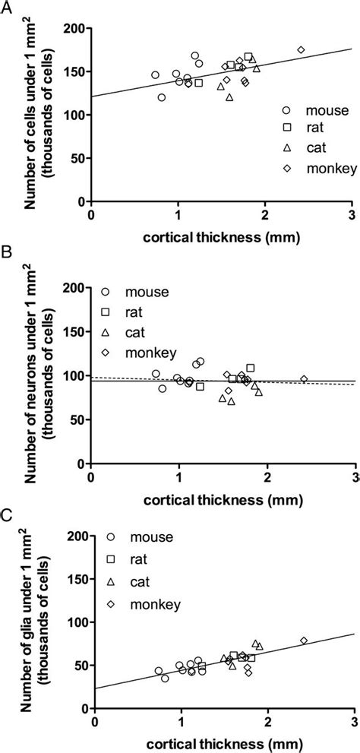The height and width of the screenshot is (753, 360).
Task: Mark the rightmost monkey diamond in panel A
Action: [x=301, y=49]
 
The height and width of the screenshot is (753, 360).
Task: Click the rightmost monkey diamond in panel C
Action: [x=304, y=641]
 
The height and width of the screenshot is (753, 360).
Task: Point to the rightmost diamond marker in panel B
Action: [x=304, y=379]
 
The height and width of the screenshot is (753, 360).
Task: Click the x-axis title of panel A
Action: [x=221, y=238]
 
